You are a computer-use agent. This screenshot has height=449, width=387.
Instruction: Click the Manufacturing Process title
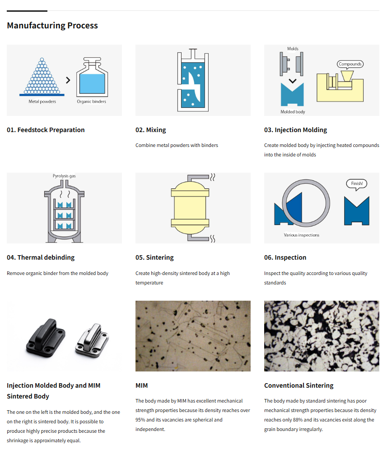[52, 26]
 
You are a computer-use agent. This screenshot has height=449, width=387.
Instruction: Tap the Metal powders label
[42, 101]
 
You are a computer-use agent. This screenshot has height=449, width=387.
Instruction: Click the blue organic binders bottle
[92, 77]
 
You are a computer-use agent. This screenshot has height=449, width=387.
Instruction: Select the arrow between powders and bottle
[68, 80]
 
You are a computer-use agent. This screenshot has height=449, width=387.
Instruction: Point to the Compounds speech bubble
[350, 64]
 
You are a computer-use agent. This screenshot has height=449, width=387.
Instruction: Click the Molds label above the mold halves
[293, 49]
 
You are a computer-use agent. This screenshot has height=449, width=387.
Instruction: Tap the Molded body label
[293, 112]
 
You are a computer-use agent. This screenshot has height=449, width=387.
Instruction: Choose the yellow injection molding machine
[340, 87]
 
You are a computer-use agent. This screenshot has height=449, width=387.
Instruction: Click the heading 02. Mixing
[151, 130]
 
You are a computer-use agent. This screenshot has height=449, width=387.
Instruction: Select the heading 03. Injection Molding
[295, 130]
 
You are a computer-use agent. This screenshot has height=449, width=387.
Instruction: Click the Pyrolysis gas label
[64, 176]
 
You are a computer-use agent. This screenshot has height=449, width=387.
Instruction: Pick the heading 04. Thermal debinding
[41, 257]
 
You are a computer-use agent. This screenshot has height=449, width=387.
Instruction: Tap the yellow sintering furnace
[190, 208]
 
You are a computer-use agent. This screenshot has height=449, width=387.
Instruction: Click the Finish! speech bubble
[357, 184]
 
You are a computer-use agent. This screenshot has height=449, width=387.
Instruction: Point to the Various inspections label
[302, 235]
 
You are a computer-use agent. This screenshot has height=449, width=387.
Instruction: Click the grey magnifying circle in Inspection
[306, 180]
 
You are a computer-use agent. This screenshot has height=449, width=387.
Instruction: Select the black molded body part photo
[46, 338]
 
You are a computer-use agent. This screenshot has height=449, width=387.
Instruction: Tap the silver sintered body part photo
[92, 341]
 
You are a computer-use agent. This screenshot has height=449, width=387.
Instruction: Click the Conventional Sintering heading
[298, 385]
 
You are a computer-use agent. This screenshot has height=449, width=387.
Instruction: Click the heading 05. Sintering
[154, 257]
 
